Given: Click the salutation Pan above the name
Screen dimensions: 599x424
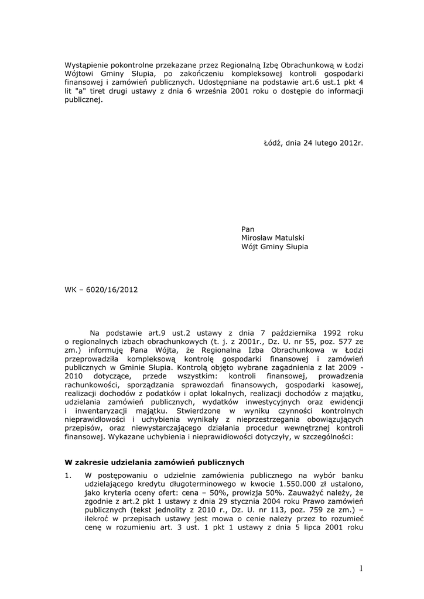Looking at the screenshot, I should [x=248, y=229].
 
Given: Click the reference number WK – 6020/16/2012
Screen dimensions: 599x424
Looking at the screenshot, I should [x=101, y=289].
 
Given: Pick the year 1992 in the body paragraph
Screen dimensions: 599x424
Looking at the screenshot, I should [x=334, y=331].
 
